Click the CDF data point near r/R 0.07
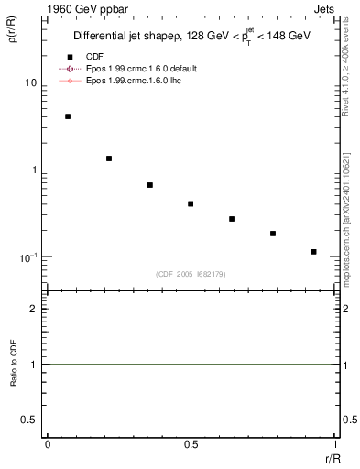pos(68,116)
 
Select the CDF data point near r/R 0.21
pos(109,158)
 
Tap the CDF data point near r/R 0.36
pos(150,185)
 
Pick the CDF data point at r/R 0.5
pos(191,203)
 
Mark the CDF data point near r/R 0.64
pos(232,219)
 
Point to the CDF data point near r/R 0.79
pos(273,234)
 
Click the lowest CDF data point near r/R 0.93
pos(313,252)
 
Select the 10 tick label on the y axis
pos(30,82)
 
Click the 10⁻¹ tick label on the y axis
pos(27,256)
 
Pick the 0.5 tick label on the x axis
pos(191,444)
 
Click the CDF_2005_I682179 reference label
pos(191,273)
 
